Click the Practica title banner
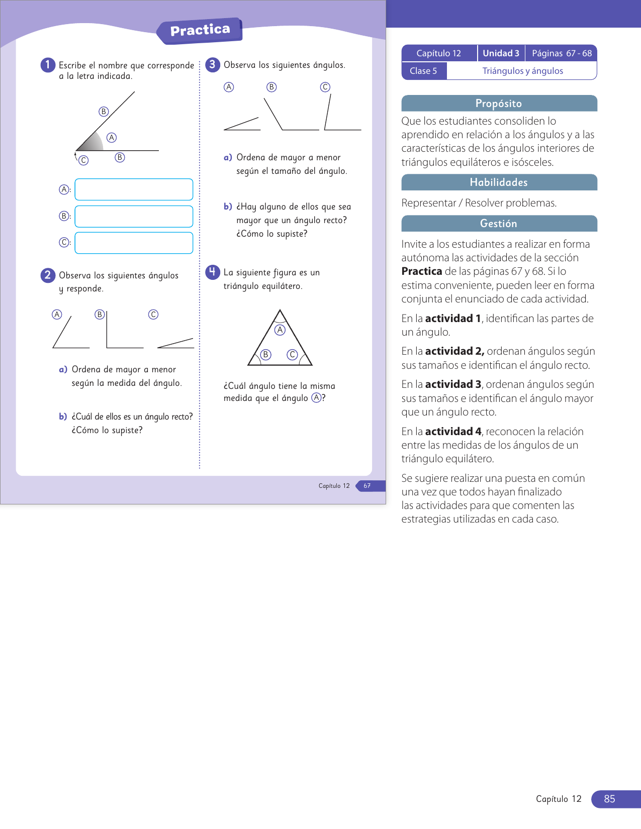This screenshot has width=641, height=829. coord(200,31)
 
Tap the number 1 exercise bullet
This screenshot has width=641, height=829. coord(48,64)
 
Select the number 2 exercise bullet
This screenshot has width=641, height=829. coord(48,275)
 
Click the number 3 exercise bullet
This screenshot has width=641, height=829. coord(213,64)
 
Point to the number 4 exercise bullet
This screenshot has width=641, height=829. coord(213,272)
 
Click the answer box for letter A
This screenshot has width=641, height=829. coord(134,189)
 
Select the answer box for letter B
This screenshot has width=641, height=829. coord(134,216)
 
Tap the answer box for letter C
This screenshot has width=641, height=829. coord(134,243)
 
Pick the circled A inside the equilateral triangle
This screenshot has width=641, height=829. coord(280,330)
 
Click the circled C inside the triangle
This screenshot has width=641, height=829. coord(292,355)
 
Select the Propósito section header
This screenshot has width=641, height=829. coord(499,103)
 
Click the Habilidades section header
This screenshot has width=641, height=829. coord(499,182)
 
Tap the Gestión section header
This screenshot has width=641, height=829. coord(499,224)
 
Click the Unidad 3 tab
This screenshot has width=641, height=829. coord(501,53)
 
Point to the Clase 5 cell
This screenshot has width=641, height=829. coord(423,71)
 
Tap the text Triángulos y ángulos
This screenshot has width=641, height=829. coord(522,71)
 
